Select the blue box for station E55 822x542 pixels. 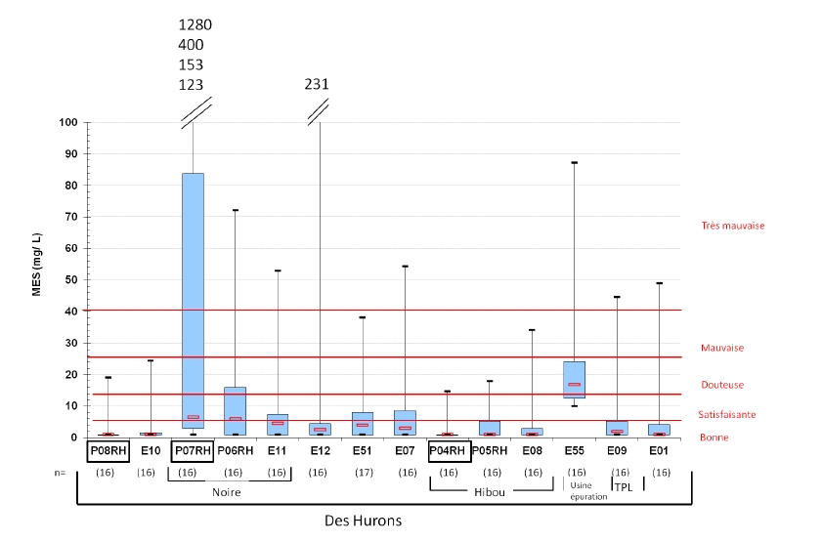(x=574, y=380)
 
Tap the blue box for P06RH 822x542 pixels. (x=235, y=410)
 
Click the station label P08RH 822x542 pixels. (x=108, y=451)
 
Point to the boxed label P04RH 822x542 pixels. (x=449, y=451)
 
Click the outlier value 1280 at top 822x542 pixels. (x=195, y=24)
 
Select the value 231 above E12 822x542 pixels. (x=317, y=84)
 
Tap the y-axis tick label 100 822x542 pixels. (x=67, y=123)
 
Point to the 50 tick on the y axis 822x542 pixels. (x=70, y=280)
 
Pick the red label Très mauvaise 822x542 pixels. (x=732, y=226)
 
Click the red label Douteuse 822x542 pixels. (x=723, y=385)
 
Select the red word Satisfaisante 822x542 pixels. (x=727, y=414)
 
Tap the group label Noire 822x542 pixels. (x=228, y=492)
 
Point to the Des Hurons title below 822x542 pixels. (x=363, y=521)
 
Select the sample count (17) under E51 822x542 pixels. (x=363, y=473)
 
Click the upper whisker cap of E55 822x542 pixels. (x=574, y=163)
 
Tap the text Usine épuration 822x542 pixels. (x=588, y=491)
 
